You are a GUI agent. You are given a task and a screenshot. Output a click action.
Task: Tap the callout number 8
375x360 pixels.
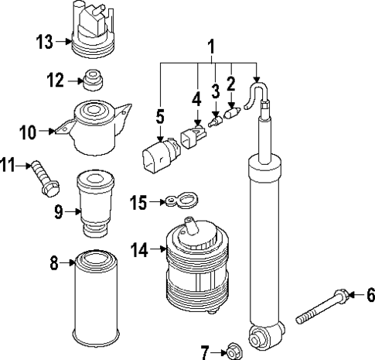pyautogui.click(x=55, y=264)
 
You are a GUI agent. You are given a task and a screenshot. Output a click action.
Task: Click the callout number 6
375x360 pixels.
pyautogui.click(x=370, y=294)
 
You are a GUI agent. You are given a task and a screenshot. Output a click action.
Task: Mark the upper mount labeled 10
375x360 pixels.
pyautogui.click(x=95, y=129)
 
